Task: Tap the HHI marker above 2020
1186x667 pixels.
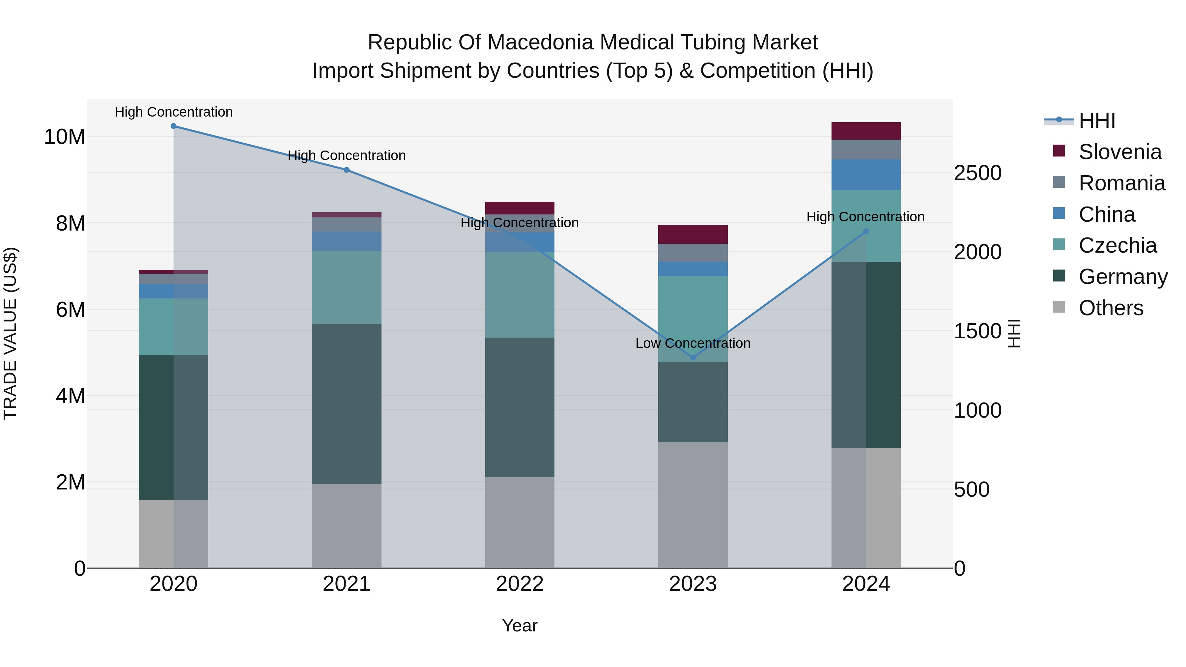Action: point(174,126)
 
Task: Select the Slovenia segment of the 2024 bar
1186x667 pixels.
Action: point(865,131)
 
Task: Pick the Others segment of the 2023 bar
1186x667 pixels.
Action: point(692,505)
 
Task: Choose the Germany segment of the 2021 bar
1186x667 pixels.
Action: point(346,404)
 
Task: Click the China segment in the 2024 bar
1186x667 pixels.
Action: point(865,175)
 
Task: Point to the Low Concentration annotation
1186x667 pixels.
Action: point(692,344)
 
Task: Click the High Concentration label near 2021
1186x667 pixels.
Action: point(346,155)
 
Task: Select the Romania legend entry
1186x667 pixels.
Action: point(1121,183)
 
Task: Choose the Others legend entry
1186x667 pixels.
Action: point(1111,308)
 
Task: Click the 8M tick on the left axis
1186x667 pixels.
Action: point(71,224)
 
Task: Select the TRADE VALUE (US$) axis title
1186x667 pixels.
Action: point(10,333)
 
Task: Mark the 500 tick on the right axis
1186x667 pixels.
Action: point(972,490)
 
